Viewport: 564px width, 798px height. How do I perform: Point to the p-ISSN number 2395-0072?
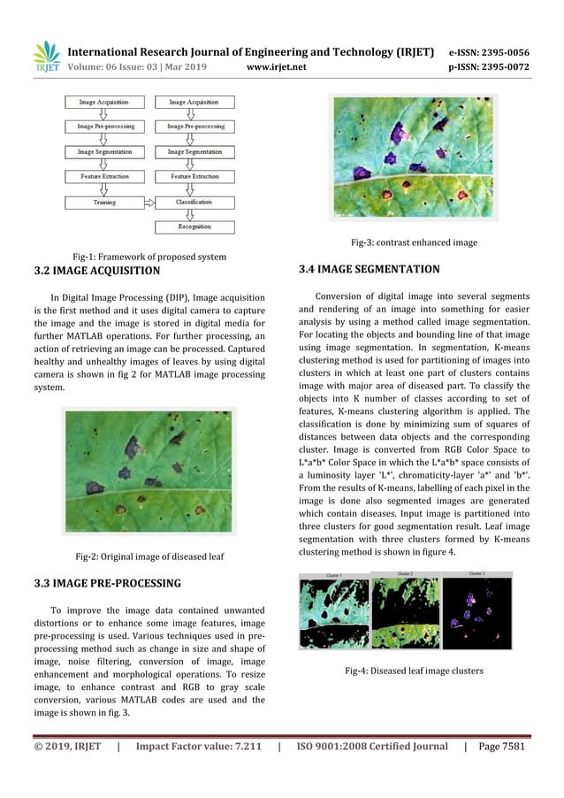pos(507,65)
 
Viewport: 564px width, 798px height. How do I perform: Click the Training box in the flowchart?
pos(104,203)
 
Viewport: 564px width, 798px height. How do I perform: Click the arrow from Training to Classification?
pos(149,203)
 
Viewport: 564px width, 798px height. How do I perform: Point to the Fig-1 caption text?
pos(149,257)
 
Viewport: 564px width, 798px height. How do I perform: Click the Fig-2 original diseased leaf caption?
pos(150,556)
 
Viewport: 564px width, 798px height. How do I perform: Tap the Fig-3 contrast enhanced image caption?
pos(414,242)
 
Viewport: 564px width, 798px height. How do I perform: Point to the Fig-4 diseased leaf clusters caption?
pos(414,671)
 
